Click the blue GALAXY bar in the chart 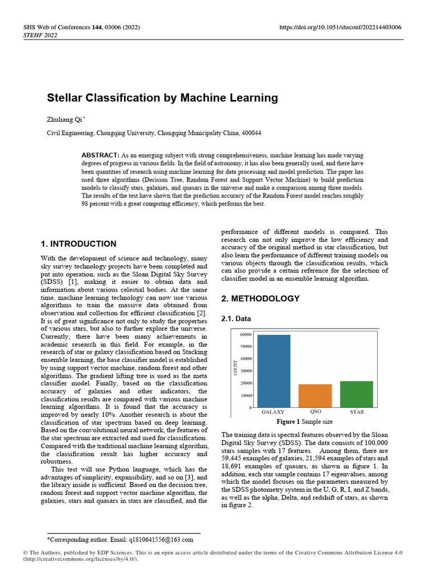[274, 371]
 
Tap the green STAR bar [356, 394]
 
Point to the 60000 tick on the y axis [244, 335]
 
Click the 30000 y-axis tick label [244, 371]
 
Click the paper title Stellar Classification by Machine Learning [162, 98]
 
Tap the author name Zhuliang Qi [63, 120]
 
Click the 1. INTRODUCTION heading [79, 244]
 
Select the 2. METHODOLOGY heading [261, 299]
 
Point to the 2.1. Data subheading [236, 318]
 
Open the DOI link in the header [340, 27]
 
